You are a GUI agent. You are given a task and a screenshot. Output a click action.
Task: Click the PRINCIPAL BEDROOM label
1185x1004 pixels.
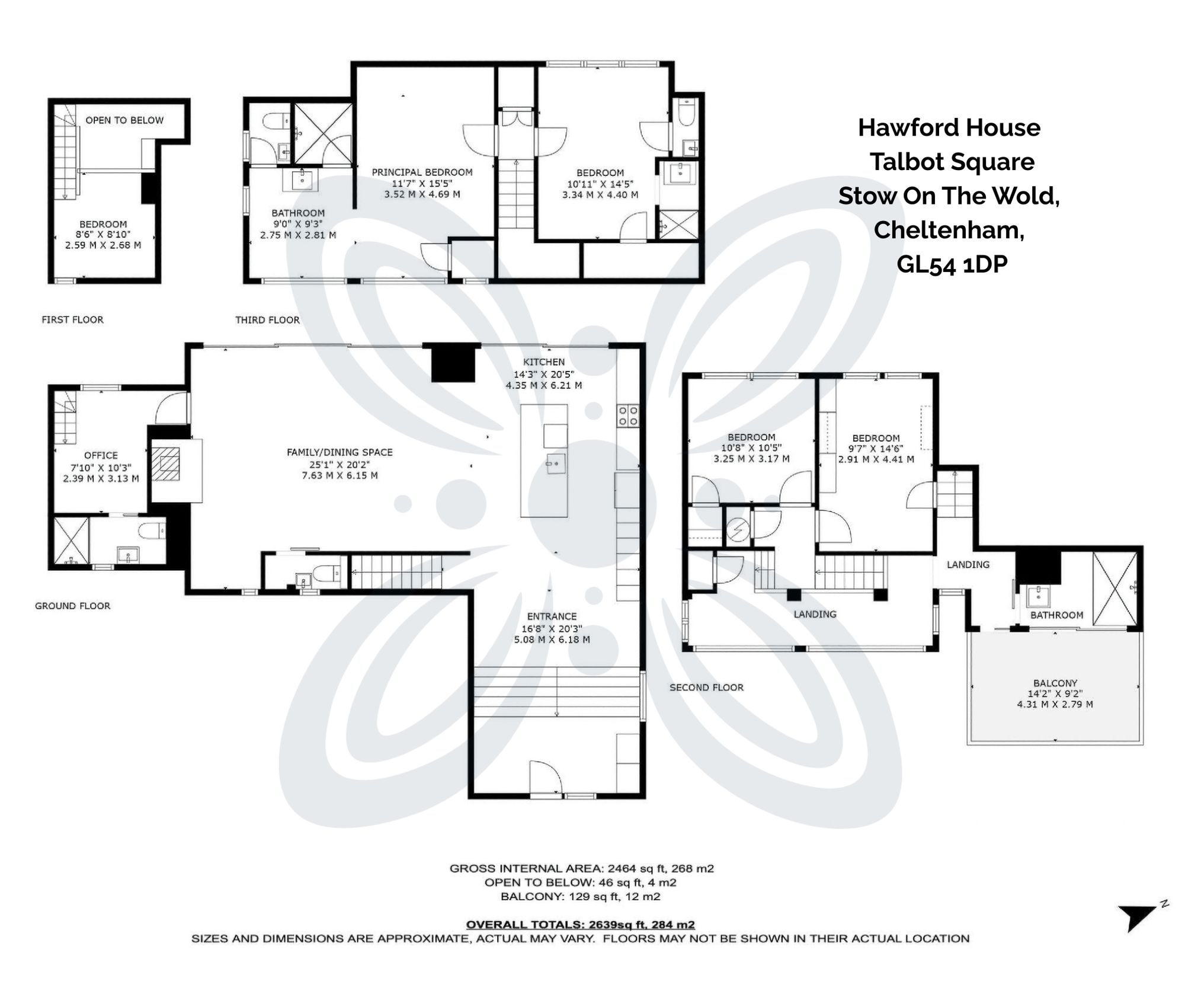pyautogui.click(x=422, y=172)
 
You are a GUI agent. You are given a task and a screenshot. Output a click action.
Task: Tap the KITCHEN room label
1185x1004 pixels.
pyautogui.click(x=543, y=362)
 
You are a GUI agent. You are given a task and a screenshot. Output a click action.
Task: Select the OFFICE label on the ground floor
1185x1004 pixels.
pyautogui.click(x=101, y=455)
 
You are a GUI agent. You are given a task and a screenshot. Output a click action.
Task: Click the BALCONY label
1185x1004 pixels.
pyautogui.click(x=1055, y=683)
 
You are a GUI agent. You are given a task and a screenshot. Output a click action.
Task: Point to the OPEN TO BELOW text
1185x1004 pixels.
pyautogui.click(x=124, y=120)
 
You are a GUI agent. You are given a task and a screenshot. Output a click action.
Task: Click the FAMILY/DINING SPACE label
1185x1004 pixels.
pyautogui.click(x=340, y=452)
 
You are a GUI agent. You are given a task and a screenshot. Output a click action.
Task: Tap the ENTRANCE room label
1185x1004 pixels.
pyautogui.click(x=552, y=616)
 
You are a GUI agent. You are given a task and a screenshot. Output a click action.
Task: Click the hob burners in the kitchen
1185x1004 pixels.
pyautogui.click(x=629, y=415)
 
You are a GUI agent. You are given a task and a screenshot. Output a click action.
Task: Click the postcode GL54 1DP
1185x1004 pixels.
pyautogui.click(x=952, y=264)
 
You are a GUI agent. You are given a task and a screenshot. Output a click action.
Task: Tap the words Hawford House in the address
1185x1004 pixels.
pyautogui.click(x=949, y=128)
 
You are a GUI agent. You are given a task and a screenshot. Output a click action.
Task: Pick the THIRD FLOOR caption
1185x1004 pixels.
pyautogui.click(x=267, y=320)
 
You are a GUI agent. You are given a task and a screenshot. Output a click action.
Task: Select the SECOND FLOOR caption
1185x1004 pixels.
pyautogui.click(x=706, y=688)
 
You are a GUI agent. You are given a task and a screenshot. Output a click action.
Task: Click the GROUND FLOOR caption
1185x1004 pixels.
pyautogui.click(x=72, y=606)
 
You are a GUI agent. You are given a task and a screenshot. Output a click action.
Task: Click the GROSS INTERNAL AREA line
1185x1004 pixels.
pyautogui.click(x=581, y=868)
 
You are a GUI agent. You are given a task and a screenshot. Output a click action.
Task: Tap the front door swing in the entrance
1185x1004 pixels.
pyautogui.click(x=544, y=776)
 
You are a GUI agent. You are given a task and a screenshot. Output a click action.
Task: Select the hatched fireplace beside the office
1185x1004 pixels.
pyautogui.click(x=165, y=464)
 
